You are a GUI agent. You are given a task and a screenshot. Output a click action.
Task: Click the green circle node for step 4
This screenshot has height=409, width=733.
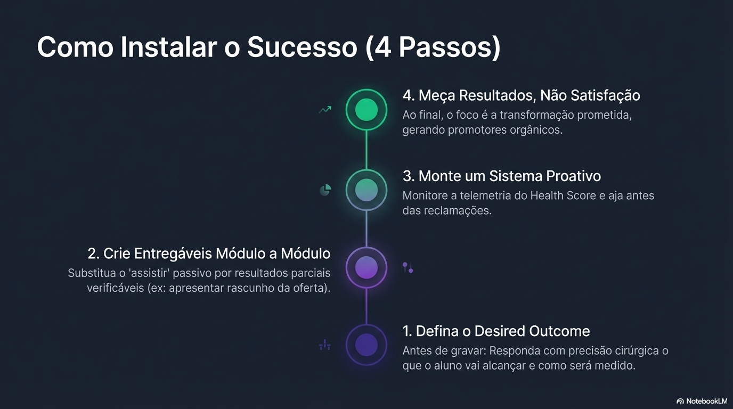click(x=366, y=110)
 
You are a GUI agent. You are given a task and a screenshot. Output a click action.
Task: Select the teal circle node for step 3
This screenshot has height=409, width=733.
click(x=366, y=189)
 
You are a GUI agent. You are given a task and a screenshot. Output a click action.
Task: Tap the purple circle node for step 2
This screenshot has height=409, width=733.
click(x=366, y=267)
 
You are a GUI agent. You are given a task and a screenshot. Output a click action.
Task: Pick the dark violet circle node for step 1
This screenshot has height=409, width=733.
click(x=366, y=345)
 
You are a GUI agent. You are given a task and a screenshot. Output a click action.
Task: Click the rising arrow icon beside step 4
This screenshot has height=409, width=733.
click(x=325, y=110)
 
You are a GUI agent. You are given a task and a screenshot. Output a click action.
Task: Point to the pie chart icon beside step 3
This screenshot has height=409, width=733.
click(x=325, y=190)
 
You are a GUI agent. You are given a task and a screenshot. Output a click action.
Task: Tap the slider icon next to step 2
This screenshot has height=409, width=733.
click(x=408, y=267)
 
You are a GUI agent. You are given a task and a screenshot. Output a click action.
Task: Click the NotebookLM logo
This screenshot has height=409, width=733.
click(x=702, y=401)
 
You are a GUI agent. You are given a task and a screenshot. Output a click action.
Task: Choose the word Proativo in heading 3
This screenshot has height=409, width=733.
click(x=569, y=176)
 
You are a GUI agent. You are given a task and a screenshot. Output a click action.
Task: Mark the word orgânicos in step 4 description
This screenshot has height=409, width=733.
click(x=535, y=129)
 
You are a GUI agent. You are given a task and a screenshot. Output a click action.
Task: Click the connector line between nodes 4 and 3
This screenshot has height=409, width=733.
click(x=366, y=150)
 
